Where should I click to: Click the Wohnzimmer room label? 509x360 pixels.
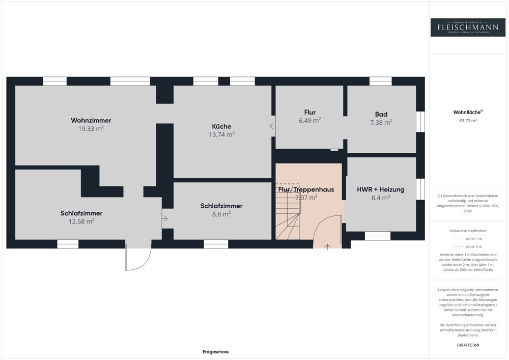[91, 121]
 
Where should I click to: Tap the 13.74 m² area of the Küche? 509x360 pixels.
[221, 135]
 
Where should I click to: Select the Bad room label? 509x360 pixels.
[381, 115]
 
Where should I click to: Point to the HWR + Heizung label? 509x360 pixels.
[381, 189]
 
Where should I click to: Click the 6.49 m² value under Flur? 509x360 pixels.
[309, 121]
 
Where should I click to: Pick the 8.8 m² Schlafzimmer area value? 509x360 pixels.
[221, 214]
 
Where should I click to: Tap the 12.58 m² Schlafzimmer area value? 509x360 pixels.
[81, 221]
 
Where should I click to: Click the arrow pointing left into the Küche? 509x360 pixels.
[272, 126]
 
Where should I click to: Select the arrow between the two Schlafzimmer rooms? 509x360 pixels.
[165, 218]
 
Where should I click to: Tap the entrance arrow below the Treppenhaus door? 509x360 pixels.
[327, 247]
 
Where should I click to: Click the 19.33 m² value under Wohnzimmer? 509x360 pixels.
[91, 129]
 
